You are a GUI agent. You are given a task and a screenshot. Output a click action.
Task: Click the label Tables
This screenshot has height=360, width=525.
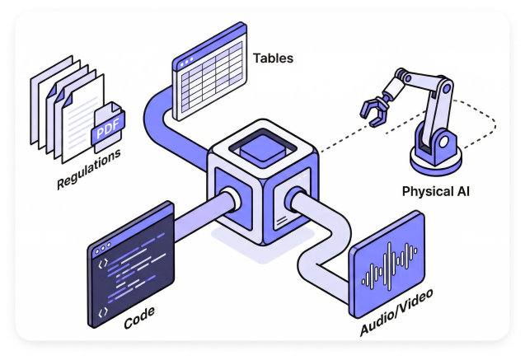tap(273, 58)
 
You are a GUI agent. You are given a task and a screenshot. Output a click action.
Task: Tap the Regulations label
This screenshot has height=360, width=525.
tap(89, 169)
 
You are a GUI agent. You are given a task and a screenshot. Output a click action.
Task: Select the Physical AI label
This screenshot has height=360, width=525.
tap(436, 192)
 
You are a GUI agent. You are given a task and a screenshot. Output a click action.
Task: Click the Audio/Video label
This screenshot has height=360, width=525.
tap(396, 314)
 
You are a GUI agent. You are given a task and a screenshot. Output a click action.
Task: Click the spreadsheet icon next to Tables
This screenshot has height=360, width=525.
tap(209, 73)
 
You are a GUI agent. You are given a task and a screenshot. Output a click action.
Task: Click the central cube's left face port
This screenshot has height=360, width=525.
tap(230, 199)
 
